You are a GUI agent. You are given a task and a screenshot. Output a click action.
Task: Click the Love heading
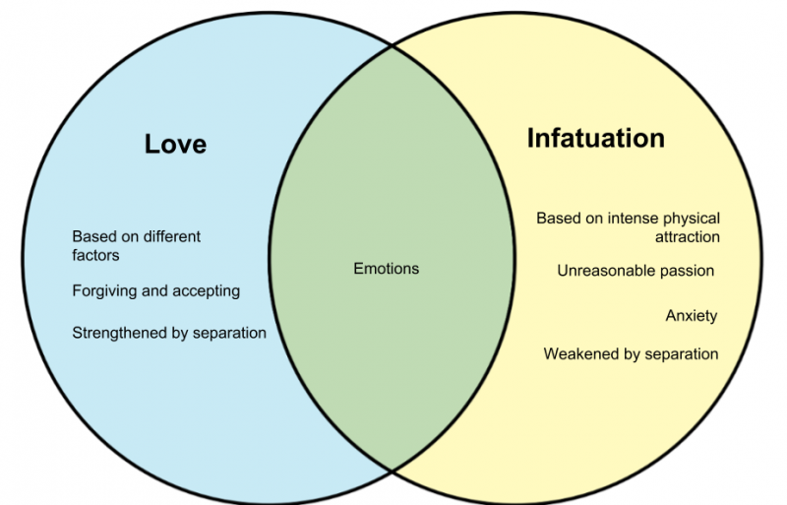coord(175,144)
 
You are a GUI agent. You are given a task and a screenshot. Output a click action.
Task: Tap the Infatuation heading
coord(596,138)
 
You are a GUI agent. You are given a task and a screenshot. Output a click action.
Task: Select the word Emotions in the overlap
coord(386,269)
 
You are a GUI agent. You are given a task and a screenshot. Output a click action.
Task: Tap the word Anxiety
coord(692,316)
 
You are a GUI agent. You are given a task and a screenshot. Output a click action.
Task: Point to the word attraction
coord(687,236)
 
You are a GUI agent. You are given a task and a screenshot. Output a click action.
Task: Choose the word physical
coord(692,219)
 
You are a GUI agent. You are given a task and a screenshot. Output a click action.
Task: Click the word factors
coord(95,255)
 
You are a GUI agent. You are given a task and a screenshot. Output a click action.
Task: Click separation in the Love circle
coord(229,333)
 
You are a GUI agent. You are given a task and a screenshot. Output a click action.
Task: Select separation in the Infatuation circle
coord(681,354)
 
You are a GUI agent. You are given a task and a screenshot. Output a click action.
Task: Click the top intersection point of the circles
coord(392,45)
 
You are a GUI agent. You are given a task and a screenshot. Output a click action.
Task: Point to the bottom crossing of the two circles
coord(392,471)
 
